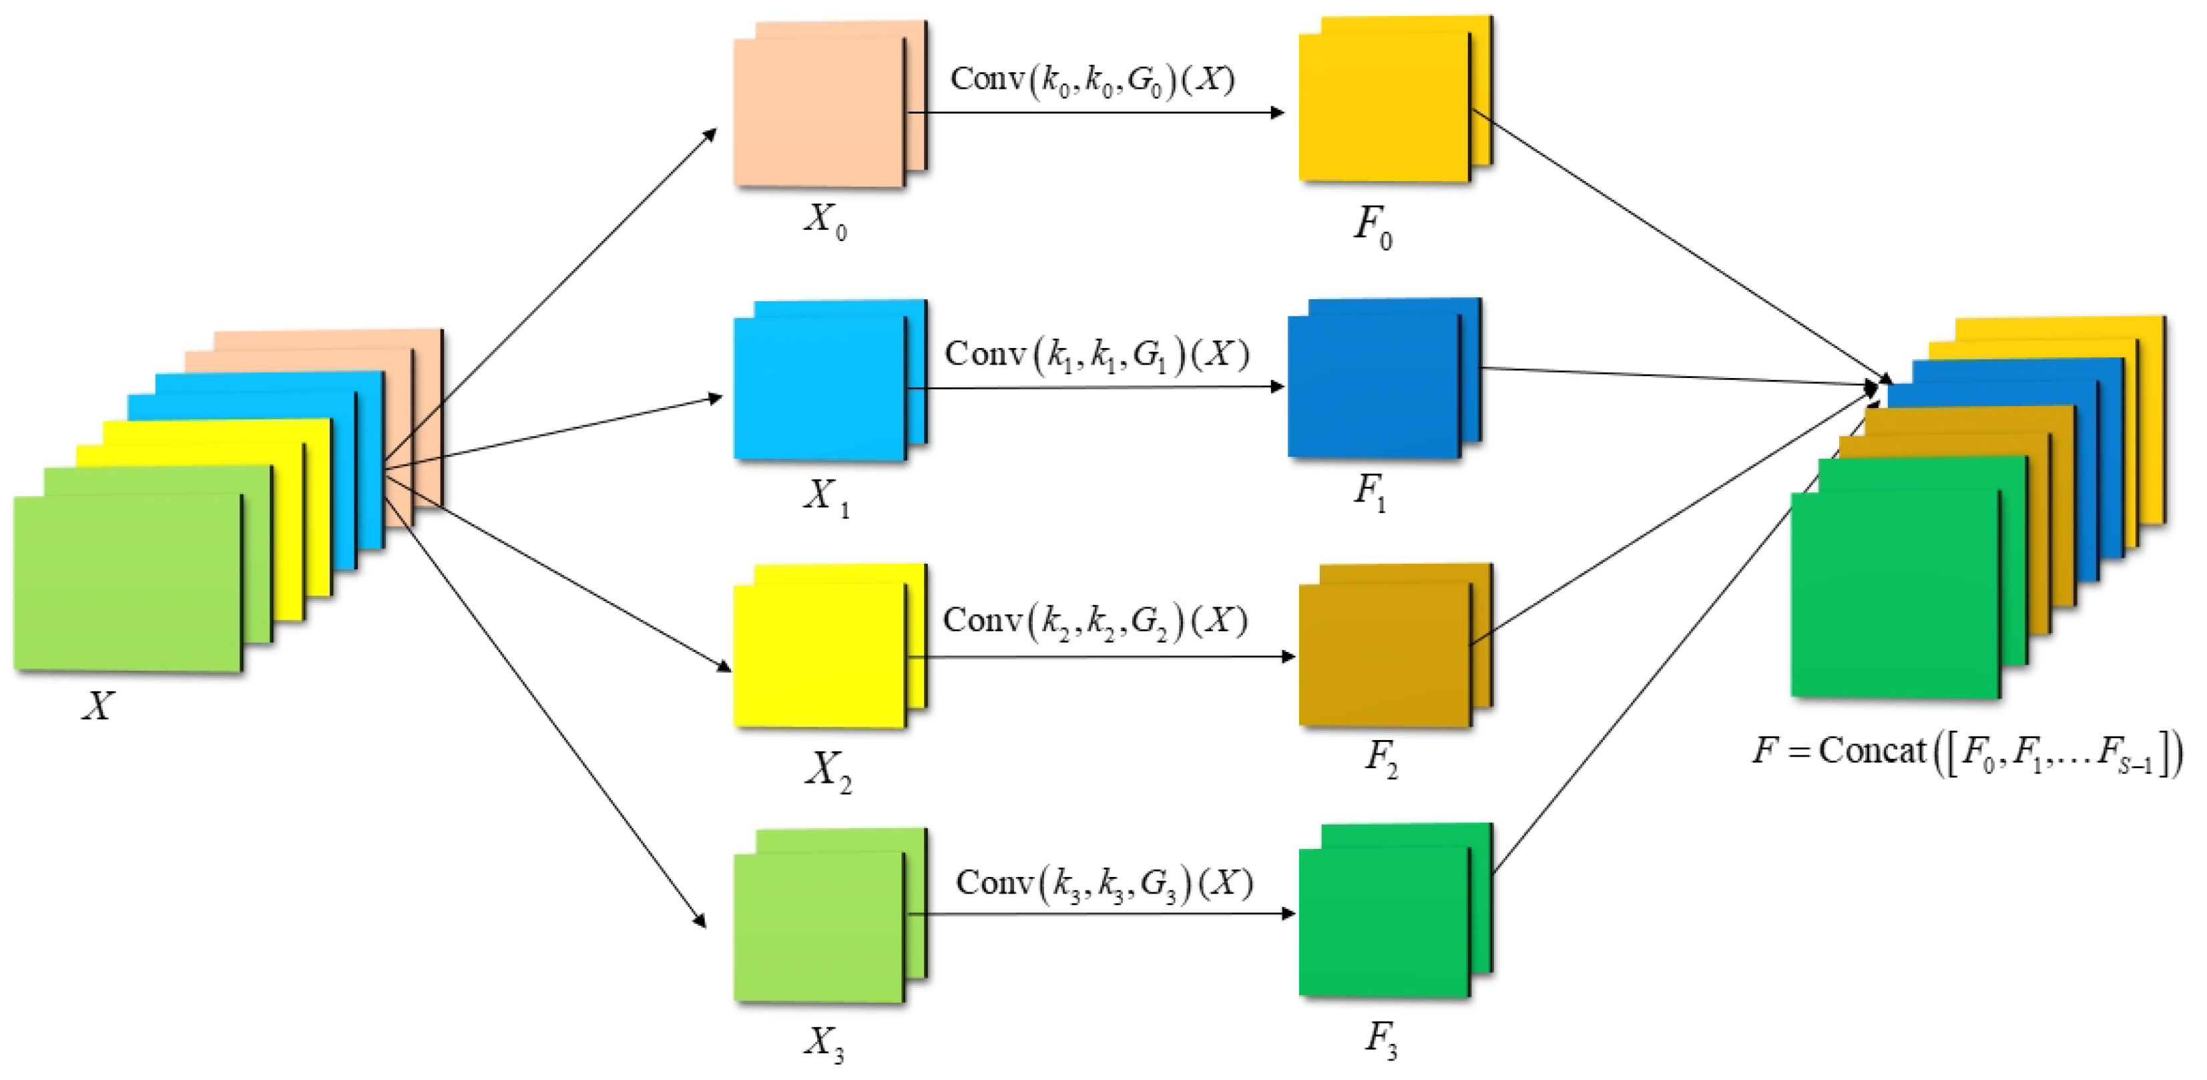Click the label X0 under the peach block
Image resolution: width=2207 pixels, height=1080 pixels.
point(825,220)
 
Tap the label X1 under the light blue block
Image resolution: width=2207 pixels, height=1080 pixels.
point(826,497)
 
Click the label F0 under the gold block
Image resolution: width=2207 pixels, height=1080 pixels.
point(1373,226)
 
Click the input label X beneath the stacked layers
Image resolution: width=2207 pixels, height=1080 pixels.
point(97,706)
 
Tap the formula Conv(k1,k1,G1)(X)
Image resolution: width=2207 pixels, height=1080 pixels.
point(1097,354)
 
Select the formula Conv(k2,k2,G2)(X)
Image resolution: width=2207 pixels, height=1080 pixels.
point(1095,620)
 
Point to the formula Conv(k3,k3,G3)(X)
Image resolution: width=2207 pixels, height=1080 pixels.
point(1104,884)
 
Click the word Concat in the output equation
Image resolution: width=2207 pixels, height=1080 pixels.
point(1872,751)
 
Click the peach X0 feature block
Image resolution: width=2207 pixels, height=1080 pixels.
point(819,112)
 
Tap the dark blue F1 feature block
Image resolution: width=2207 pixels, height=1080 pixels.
point(1373,386)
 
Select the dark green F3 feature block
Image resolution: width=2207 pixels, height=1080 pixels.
point(1384,922)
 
